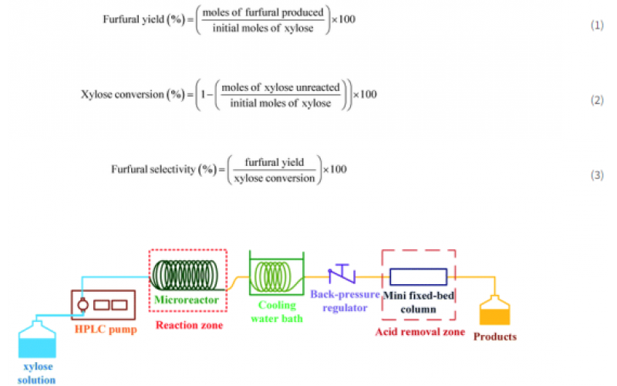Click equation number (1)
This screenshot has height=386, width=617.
pyautogui.click(x=597, y=25)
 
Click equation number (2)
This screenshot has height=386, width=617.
pyautogui.click(x=597, y=100)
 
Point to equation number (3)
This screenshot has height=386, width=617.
pyautogui.click(x=597, y=175)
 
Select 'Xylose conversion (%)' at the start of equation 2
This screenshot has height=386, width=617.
pyautogui.click(x=136, y=95)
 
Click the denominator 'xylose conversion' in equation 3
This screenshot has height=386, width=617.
pyautogui.click(x=275, y=178)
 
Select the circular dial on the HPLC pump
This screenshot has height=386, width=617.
pyautogui.click(x=83, y=304)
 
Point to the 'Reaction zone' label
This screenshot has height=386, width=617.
pyautogui.click(x=189, y=326)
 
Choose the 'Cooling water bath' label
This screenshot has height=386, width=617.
pyautogui.click(x=276, y=310)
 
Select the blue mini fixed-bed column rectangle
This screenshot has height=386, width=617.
pyautogui.click(x=417, y=277)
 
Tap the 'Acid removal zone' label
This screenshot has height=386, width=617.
pyautogui.click(x=420, y=332)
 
